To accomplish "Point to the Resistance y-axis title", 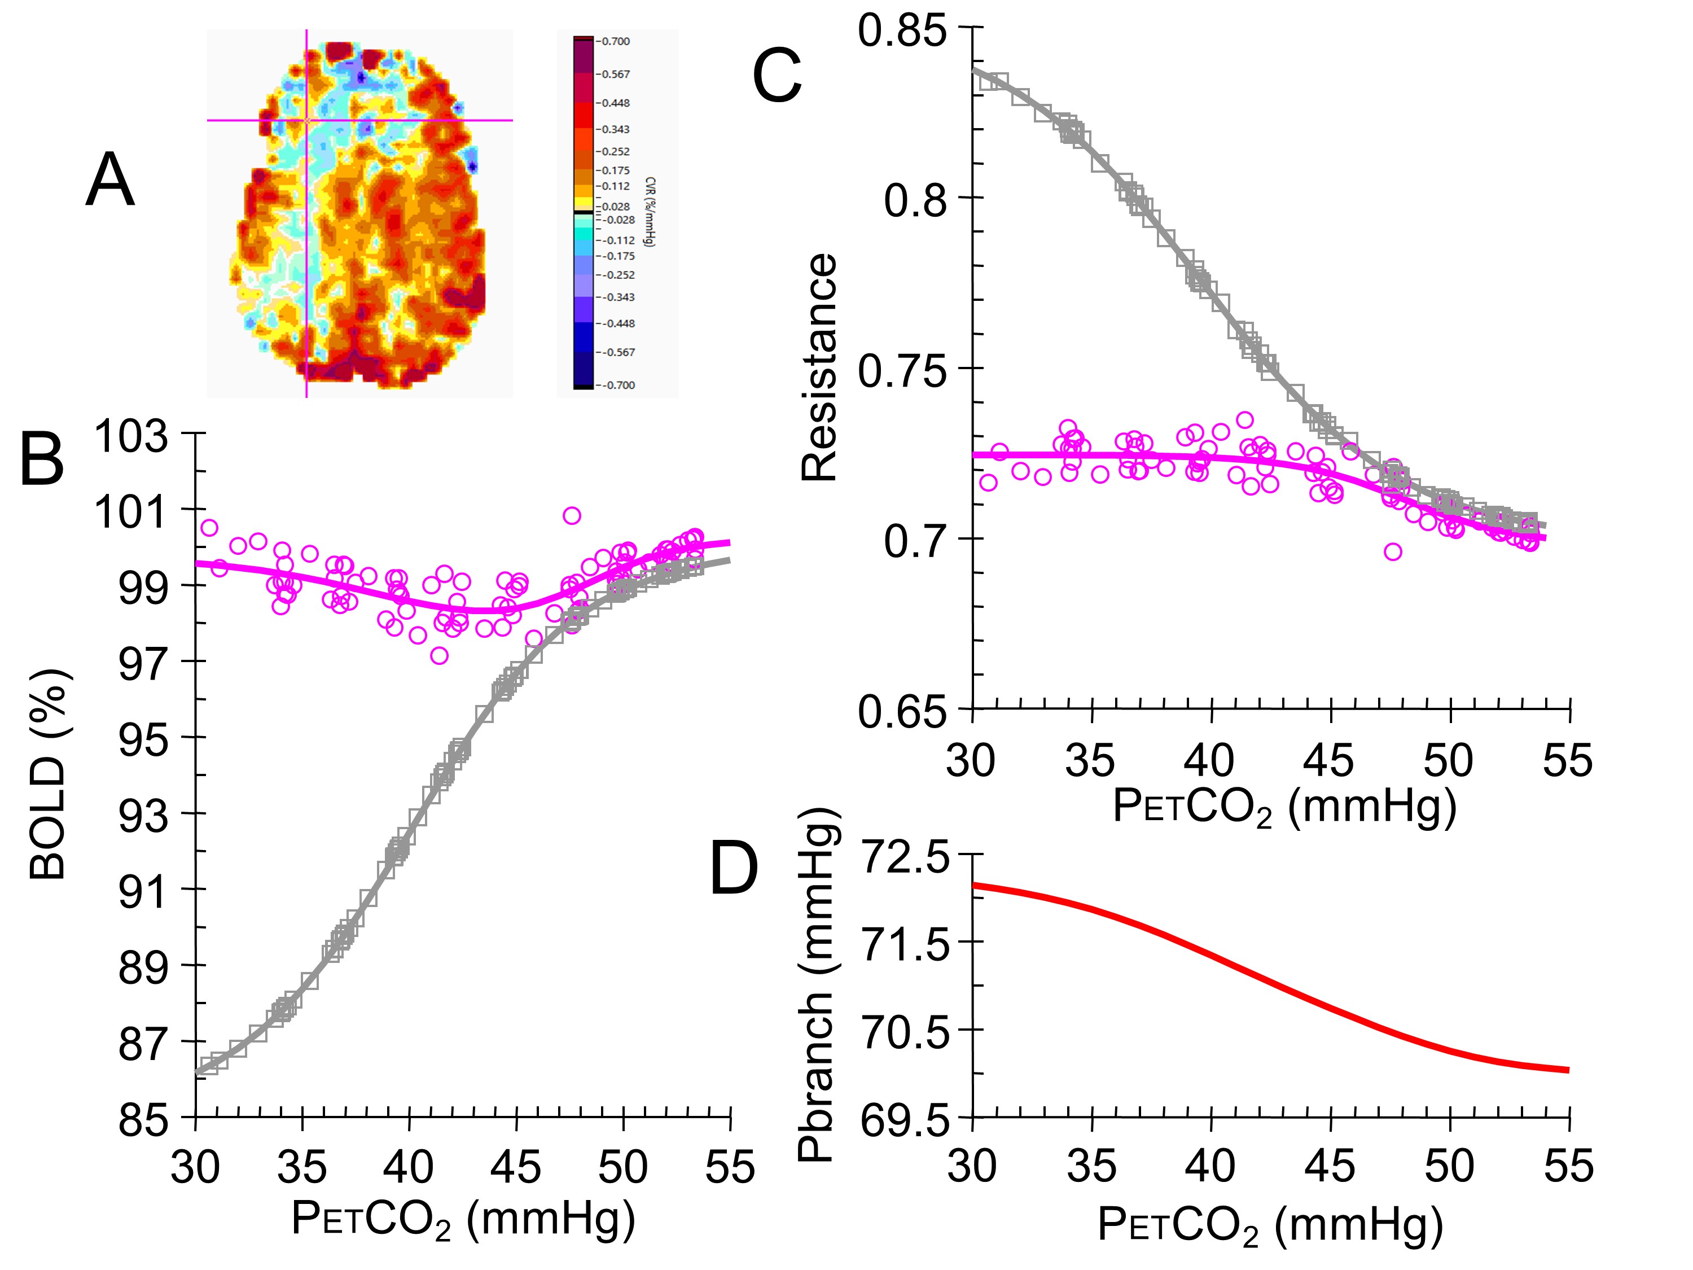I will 819,367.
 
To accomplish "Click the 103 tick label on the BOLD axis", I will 131,437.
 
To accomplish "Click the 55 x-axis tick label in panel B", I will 729,1167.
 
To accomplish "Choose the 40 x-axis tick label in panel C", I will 1209,761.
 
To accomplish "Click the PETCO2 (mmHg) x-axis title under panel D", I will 1270,1224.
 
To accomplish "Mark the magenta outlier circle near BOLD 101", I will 572,515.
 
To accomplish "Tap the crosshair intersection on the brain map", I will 307,120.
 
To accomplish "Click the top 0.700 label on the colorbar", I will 615,41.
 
